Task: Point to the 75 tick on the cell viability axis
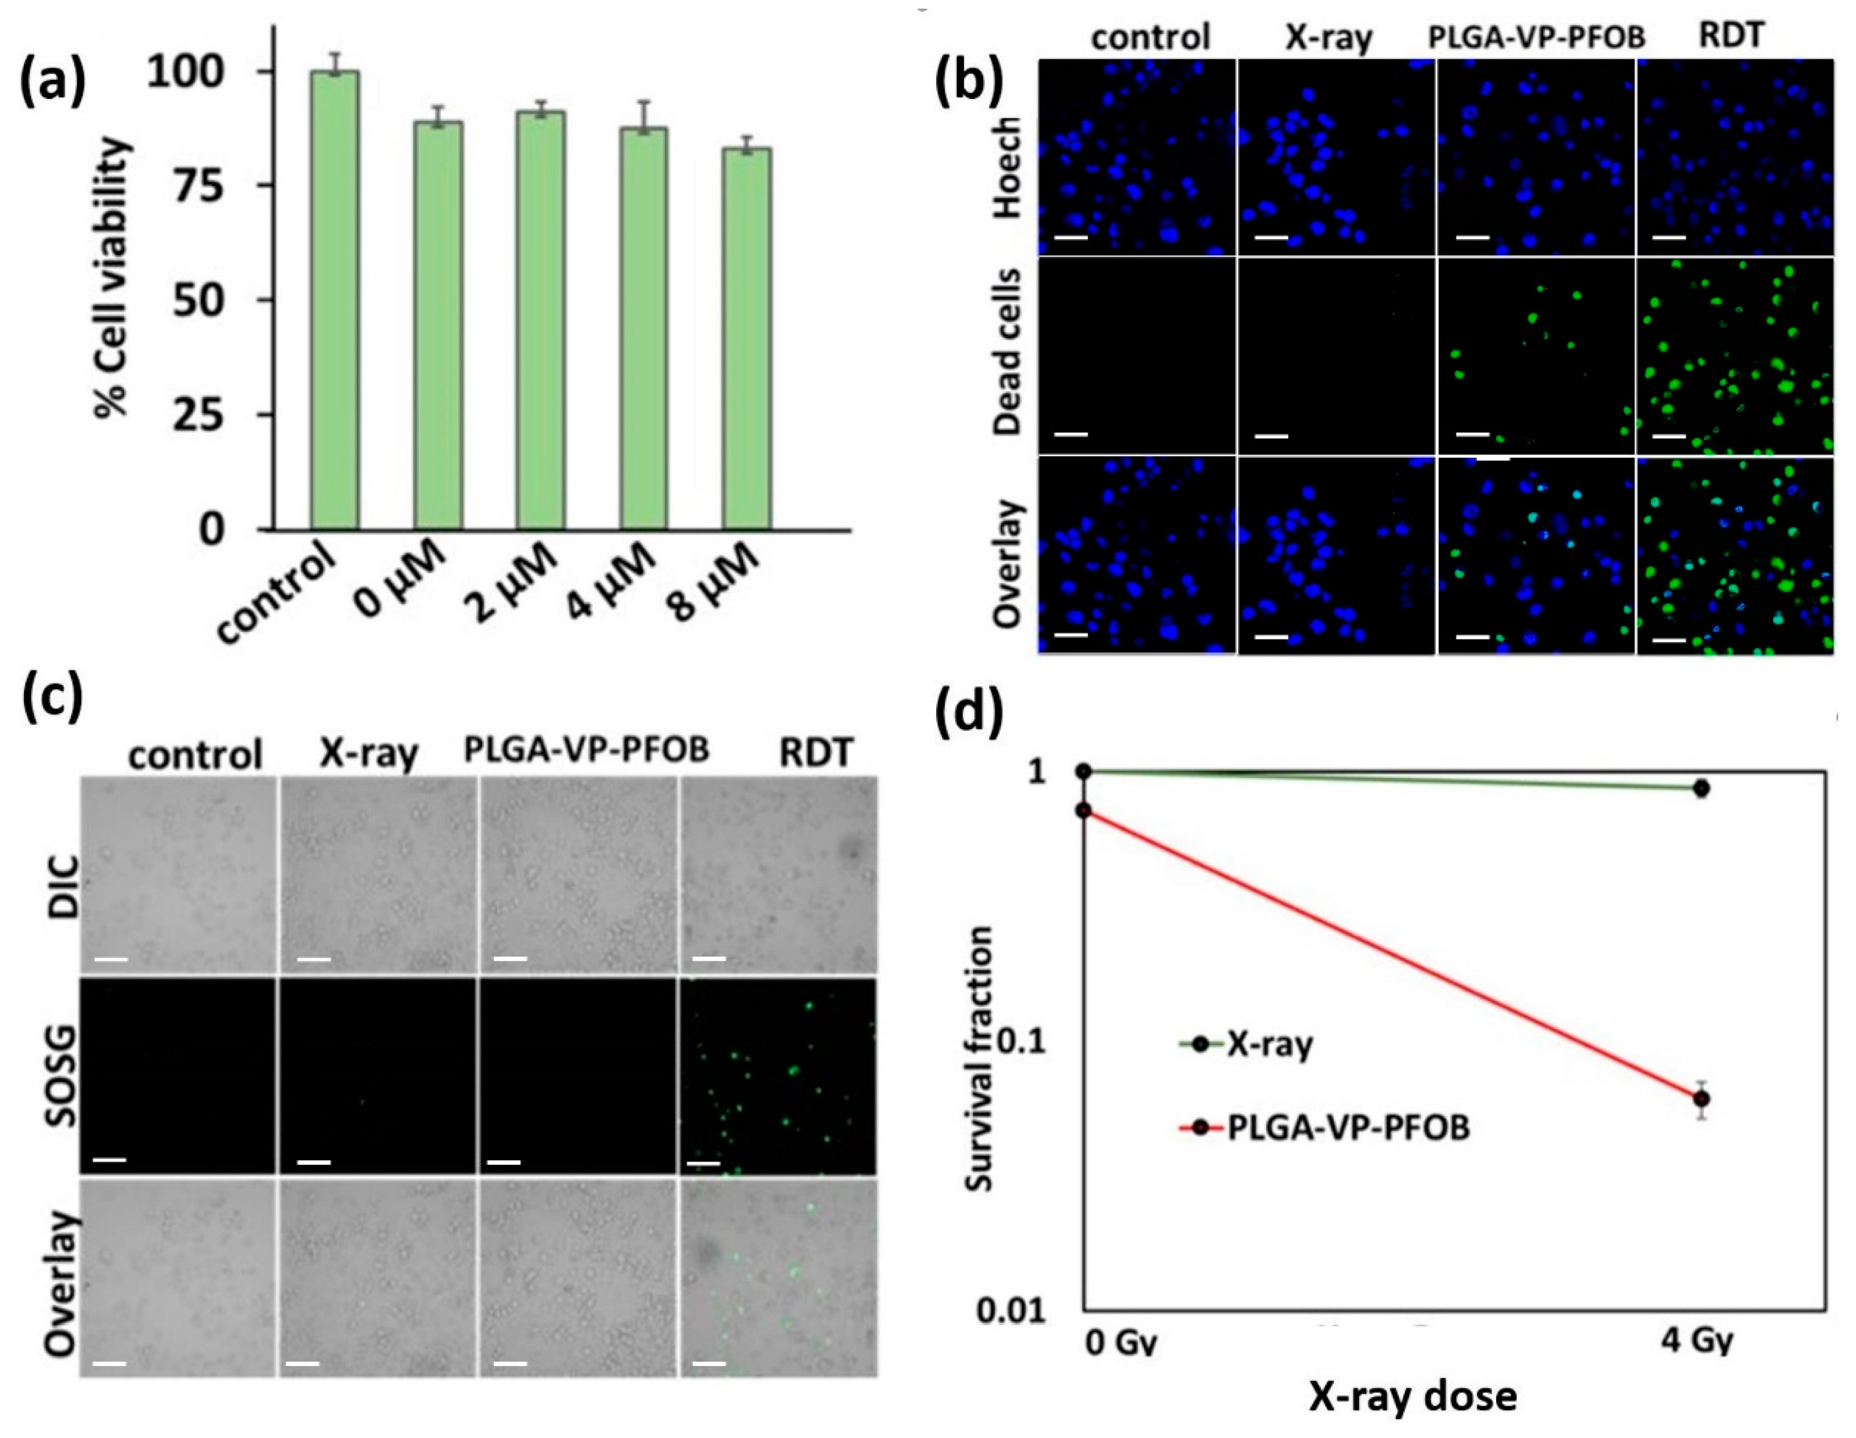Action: coord(204,185)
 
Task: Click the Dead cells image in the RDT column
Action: coord(1734,355)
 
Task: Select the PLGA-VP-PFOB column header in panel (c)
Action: coord(587,750)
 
